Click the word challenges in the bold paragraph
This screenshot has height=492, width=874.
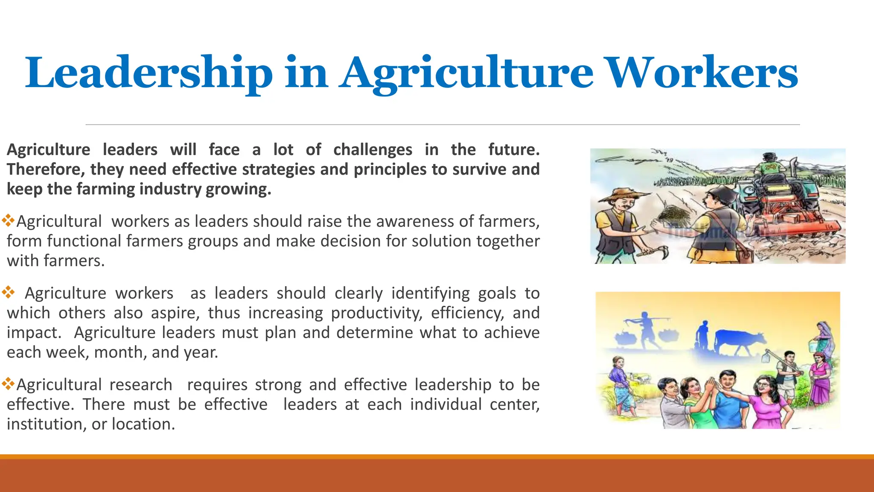pos(373,150)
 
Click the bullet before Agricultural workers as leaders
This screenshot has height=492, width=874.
pos(8,221)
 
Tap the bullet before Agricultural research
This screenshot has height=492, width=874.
pos(8,384)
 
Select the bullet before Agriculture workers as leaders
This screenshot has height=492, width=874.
pos(8,293)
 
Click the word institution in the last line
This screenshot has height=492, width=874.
pos(46,424)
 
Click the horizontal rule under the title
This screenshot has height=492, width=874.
pos(443,125)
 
